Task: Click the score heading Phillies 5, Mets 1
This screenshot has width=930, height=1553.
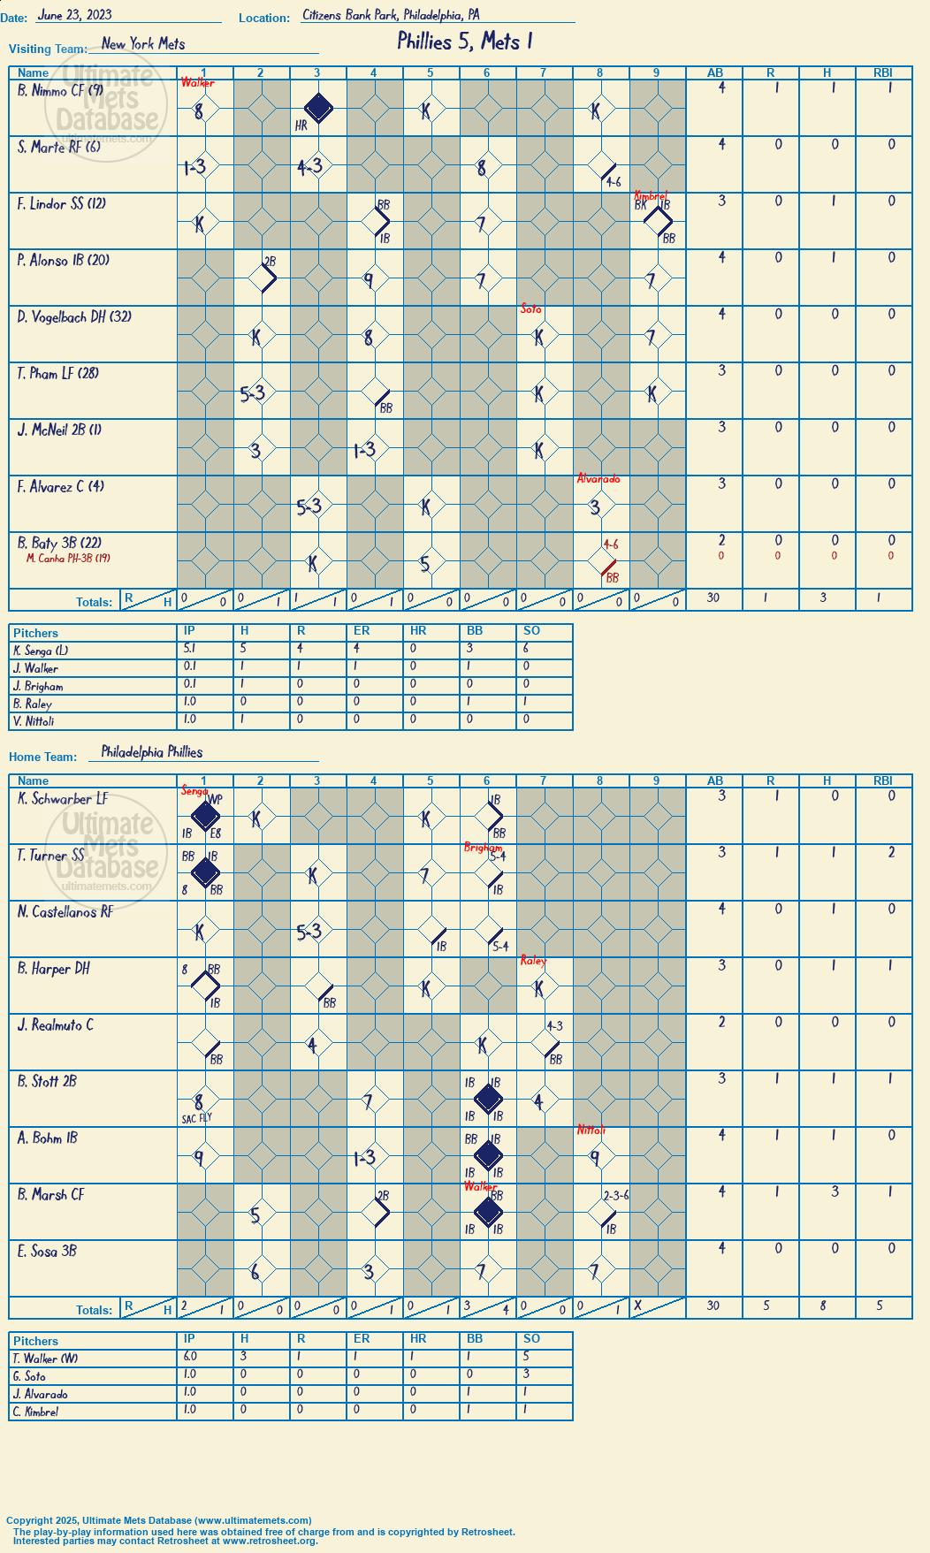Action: click(x=464, y=41)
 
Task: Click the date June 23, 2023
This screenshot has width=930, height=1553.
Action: click(x=74, y=14)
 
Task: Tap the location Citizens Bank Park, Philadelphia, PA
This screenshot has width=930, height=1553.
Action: click(x=391, y=14)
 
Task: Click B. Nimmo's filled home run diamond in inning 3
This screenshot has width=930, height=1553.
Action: click(x=318, y=109)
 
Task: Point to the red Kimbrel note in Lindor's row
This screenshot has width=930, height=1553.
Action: click(x=651, y=195)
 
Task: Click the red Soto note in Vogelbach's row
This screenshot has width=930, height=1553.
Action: click(x=530, y=308)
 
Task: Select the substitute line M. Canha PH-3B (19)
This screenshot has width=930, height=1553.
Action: click(x=68, y=558)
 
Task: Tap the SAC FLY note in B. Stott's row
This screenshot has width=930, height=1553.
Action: click(x=196, y=1118)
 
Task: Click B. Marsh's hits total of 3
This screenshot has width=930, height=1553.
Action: click(x=827, y=1191)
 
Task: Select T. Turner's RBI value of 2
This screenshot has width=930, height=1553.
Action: click(x=891, y=851)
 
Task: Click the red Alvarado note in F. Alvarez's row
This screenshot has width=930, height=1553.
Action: click(x=598, y=478)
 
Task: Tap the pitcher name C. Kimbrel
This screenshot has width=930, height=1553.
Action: click(x=35, y=1412)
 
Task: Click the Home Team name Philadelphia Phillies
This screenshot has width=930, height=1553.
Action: click(x=152, y=751)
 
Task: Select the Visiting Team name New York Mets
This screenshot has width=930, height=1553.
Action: click(x=143, y=43)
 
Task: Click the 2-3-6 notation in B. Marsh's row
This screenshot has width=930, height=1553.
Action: click(x=616, y=1196)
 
